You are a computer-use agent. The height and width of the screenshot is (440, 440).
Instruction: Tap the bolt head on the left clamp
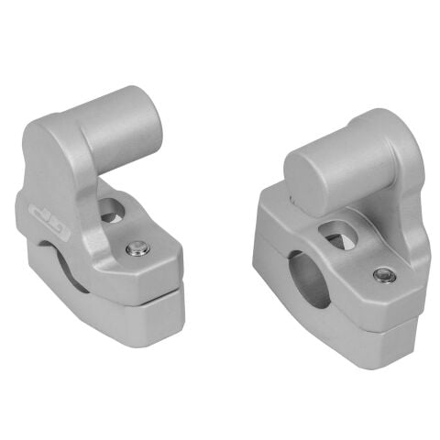[137, 247]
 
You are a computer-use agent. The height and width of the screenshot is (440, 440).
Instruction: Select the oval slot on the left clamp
[113, 211]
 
